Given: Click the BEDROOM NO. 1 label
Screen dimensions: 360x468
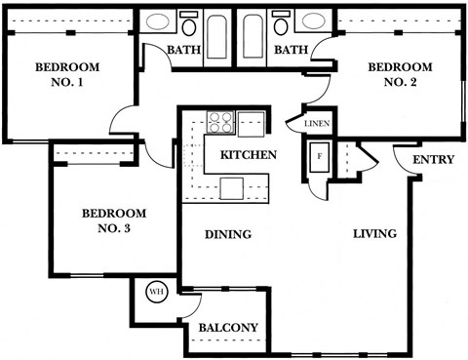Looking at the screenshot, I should coord(60,76).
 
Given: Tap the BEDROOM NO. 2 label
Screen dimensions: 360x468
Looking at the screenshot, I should coord(392,75).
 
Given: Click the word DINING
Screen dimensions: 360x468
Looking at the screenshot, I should coord(228,234).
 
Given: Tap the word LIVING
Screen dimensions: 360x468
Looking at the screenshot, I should coord(374,234).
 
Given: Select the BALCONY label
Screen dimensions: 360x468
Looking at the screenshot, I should coord(228,328).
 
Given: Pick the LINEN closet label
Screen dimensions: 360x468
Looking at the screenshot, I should coord(316,124).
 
